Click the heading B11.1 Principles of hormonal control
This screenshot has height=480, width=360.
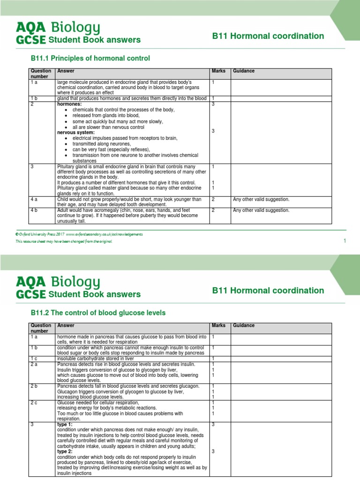[90, 59]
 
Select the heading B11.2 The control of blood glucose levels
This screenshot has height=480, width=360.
[98, 313]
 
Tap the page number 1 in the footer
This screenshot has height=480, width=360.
[345, 240]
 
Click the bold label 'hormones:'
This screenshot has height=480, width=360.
[69, 104]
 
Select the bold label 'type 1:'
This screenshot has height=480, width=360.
[65, 425]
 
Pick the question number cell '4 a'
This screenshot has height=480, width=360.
[35, 199]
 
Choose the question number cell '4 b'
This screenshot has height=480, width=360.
[35, 210]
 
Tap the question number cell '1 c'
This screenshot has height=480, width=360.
[35, 359]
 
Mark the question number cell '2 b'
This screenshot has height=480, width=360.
[35, 386]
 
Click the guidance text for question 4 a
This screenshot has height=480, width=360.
[261, 199]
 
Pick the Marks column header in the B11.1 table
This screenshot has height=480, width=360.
[218, 71]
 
